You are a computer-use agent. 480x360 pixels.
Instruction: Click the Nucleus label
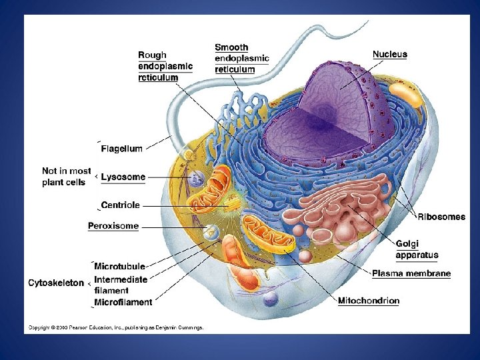(390, 54)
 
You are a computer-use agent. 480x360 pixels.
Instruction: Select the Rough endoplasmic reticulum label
(165, 66)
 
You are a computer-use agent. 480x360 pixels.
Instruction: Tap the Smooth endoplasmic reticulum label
(241, 58)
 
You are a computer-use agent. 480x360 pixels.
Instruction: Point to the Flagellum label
(121, 149)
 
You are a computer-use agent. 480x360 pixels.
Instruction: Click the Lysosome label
(123, 177)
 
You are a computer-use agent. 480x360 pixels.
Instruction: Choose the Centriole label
(120, 205)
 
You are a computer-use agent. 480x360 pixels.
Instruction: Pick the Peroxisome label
(113, 225)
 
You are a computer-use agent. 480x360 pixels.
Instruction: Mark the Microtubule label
(120, 267)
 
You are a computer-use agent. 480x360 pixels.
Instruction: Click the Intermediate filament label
(121, 284)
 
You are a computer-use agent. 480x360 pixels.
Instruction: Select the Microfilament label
(123, 302)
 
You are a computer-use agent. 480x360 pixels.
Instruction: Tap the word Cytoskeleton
(56, 283)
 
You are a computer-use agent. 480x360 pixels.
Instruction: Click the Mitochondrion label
(369, 301)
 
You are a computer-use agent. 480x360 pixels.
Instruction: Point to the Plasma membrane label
(411, 273)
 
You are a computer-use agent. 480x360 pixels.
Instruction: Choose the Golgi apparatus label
(417, 249)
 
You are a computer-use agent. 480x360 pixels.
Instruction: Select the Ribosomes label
(442, 217)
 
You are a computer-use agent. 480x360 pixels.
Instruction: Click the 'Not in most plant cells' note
(67, 177)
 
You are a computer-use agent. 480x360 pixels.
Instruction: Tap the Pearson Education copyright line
(115, 327)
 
